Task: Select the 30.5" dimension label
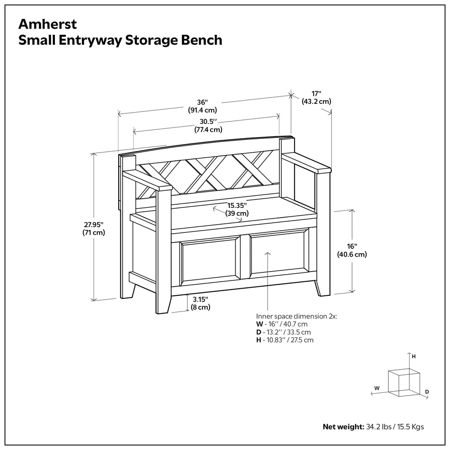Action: coord(208,125)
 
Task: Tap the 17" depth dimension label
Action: coord(316,97)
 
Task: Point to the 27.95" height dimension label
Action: coord(93,229)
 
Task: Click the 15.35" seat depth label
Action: coord(237,209)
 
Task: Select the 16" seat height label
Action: coord(352,250)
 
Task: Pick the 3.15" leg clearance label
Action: coord(200,303)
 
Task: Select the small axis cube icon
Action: coord(403,381)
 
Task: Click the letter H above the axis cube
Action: coord(414,357)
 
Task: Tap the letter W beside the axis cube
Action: coord(377,388)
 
